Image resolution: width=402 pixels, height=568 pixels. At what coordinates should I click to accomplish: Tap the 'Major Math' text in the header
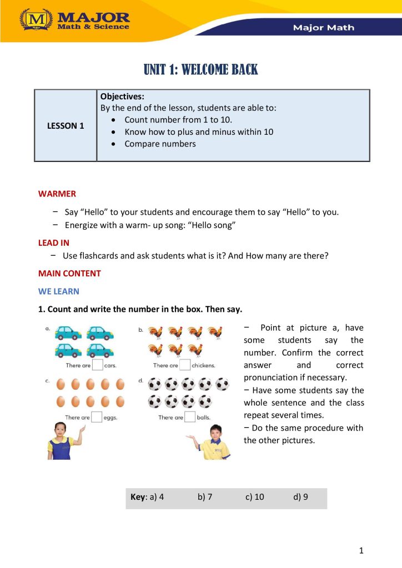[x=323, y=27]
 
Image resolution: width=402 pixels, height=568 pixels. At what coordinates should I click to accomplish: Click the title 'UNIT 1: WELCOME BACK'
[x=201, y=70]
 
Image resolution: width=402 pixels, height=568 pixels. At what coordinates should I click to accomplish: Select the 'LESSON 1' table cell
[x=66, y=126]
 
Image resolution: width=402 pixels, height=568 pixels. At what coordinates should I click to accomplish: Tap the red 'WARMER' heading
[x=57, y=194]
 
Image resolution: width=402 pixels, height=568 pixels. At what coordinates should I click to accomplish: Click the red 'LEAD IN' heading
[x=53, y=243]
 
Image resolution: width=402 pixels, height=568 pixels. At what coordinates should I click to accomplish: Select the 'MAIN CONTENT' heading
[x=69, y=273]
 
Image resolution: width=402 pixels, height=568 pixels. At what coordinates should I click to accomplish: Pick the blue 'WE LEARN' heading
[x=58, y=291]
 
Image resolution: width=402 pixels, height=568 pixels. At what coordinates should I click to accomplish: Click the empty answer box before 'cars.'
[x=98, y=365]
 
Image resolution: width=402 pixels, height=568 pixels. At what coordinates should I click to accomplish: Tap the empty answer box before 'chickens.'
[x=185, y=365]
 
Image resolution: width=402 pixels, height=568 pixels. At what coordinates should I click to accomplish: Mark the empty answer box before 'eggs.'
[x=97, y=417]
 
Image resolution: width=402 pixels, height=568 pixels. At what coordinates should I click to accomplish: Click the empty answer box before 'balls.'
[x=190, y=417]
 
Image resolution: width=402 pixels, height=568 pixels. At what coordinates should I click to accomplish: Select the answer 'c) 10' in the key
[x=255, y=497]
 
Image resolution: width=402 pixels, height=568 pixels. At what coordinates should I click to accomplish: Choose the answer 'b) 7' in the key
[x=205, y=497]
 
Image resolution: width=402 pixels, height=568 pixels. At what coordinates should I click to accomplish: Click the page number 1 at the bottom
[x=361, y=550]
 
